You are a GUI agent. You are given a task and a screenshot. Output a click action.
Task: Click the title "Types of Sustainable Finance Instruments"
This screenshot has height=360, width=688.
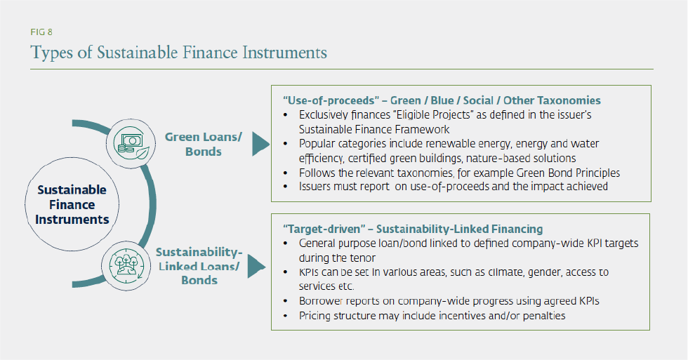(178, 53)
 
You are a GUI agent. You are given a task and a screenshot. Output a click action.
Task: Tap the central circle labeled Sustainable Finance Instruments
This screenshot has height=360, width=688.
(72, 204)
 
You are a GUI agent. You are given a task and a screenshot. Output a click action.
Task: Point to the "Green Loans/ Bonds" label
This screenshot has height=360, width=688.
(203, 144)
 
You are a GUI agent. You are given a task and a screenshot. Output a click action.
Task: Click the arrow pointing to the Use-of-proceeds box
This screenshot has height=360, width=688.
(260, 143)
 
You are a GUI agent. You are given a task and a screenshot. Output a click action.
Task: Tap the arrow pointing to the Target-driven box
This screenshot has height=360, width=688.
(258, 267)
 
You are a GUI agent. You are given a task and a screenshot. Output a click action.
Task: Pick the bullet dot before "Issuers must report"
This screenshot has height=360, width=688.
(285, 187)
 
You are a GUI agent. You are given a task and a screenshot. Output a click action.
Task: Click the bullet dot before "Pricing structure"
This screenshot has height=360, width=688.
(285, 316)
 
